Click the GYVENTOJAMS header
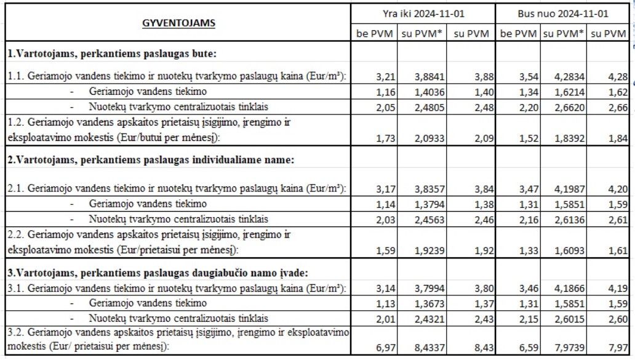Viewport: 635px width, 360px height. click(x=178, y=23)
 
